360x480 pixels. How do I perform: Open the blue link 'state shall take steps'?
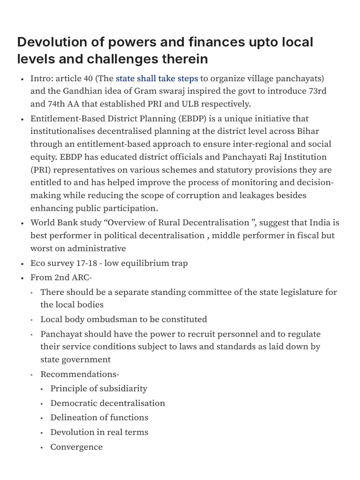click(x=157, y=78)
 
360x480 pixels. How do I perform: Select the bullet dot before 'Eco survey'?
click(x=22, y=263)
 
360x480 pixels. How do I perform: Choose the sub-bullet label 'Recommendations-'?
click(x=80, y=374)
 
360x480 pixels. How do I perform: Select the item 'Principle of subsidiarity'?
click(x=98, y=389)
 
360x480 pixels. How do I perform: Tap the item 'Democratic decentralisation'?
click(x=107, y=403)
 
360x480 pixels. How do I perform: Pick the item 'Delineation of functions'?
click(x=99, y=418)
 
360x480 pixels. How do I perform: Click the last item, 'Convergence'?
click(x=76, y=447)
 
